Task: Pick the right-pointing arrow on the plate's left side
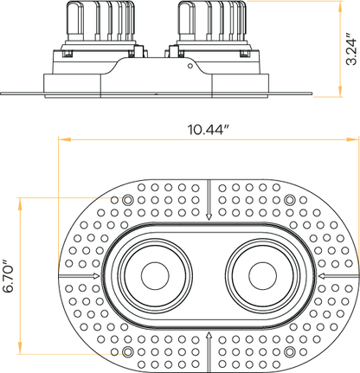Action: click(x=93, y=276)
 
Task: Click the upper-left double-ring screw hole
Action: click(x=128, y=201)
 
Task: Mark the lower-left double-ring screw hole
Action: click(x=128, y=352)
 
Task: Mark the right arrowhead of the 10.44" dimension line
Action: click(x=356, y=140)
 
